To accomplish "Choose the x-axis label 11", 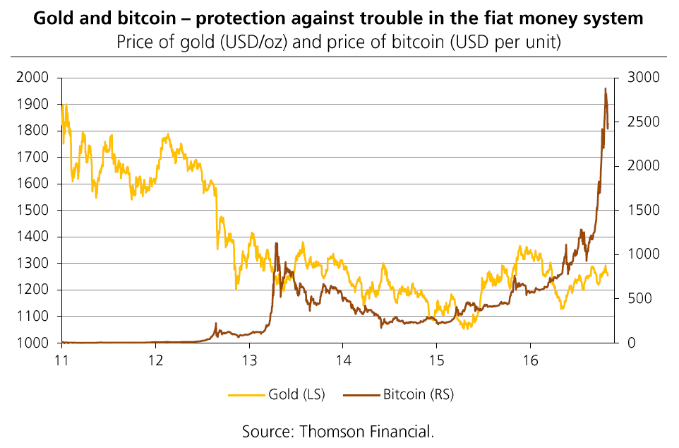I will [62, 358].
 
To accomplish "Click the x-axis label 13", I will [249, 358].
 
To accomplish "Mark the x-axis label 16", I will [530, 358].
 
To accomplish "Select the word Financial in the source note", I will [400, 430].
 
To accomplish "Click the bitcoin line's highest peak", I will [605, 88].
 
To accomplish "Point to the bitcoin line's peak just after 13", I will [276, 243].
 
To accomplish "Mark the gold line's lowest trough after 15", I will [466, 329].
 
